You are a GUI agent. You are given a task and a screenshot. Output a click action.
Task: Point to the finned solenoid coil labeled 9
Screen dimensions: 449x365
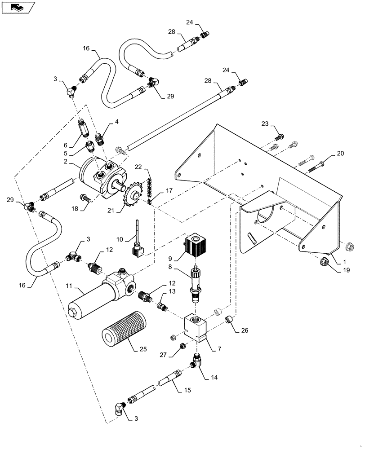pos(195,245)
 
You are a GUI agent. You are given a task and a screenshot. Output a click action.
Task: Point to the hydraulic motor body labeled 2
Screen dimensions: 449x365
pos(101,173)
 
